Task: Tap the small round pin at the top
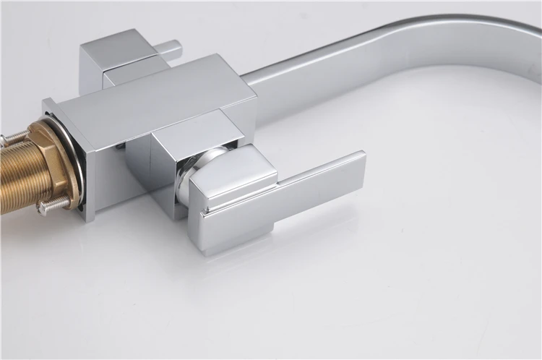(171, 49)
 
